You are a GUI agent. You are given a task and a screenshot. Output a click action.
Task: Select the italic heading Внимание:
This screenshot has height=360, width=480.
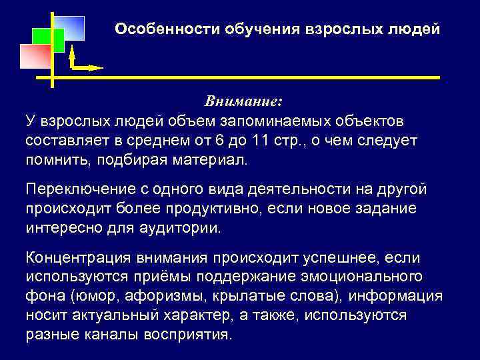pos(243,101)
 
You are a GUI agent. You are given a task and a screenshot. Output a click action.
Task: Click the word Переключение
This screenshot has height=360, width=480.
pos(74,189)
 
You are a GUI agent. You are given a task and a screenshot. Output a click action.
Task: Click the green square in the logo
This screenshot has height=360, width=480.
pos(49,41)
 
